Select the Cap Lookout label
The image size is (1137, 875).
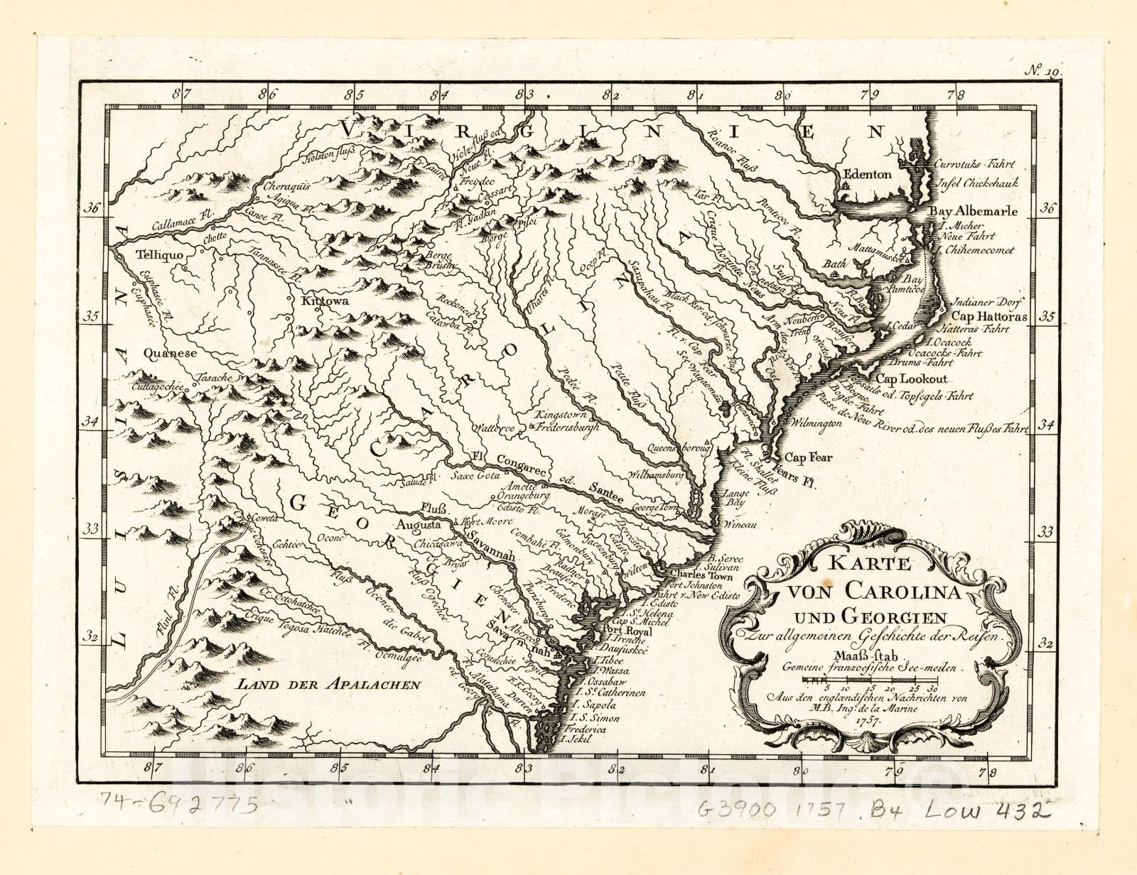911,379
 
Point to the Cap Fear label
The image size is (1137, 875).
807,458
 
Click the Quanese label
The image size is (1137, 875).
169,352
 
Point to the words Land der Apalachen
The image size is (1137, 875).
329,685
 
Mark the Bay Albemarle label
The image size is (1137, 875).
974,211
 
